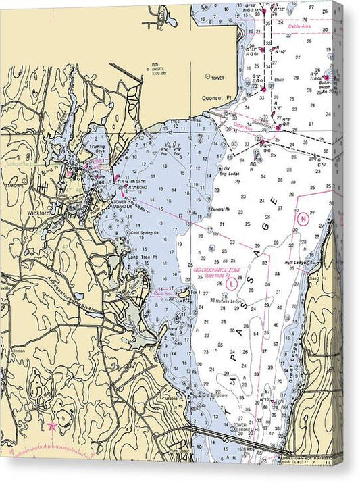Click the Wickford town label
(x=38, y=213)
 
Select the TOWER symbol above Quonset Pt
(x=209, y=78)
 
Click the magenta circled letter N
(x=303, y=218)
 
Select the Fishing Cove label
(x=99, y=149)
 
